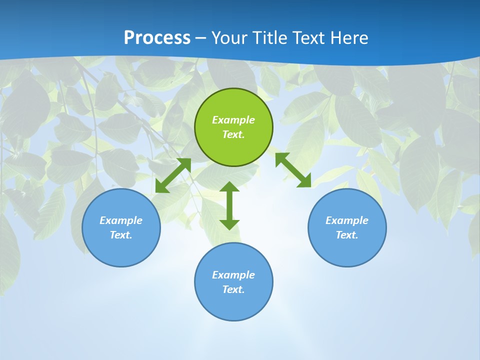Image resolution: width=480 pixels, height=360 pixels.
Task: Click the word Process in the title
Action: [157, 38]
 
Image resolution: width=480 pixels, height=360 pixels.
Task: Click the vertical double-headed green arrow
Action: [229, 205]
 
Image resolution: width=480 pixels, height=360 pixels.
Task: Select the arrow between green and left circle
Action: [173, 175]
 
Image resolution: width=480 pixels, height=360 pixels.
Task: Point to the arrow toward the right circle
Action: [293, 170]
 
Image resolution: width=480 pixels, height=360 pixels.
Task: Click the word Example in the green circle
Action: [233, 120]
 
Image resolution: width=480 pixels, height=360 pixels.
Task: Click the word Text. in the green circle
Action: [233, 134]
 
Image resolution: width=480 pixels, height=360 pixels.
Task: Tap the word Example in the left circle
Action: [121, 220]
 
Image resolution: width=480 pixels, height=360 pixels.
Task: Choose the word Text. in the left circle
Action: [121, 235]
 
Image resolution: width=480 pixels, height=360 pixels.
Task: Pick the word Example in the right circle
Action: [347, 220]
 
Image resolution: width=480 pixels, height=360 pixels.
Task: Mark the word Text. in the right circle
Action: [347, 235]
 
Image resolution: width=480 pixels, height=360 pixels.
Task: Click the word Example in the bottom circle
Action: [233, 275]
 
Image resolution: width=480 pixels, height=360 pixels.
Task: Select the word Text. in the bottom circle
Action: [233, 289]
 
